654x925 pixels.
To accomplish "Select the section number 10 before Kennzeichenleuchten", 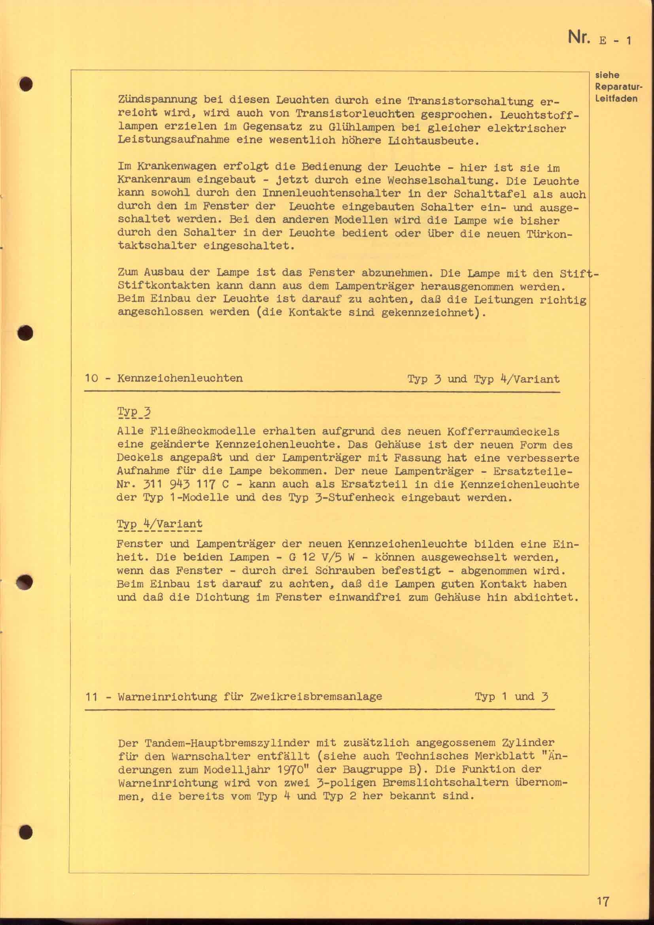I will pos(92,378).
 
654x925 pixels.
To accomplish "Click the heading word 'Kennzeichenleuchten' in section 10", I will pos(180,378).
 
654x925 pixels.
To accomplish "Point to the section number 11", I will pos(92,696).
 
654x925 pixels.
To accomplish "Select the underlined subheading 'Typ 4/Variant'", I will pos(159,524).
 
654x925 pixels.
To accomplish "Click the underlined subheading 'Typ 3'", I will pos(134,412).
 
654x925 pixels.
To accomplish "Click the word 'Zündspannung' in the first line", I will pos(157,100).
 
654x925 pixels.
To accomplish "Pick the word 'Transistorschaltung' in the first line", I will pos(470,101).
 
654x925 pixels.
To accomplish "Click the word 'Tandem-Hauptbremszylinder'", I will pos(214,743).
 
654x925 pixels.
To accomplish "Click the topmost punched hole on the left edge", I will pos(26,84).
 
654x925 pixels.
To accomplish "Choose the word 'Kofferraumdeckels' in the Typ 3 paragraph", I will pos(503,431).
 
